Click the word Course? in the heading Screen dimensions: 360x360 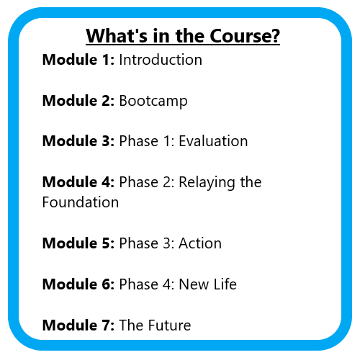245,36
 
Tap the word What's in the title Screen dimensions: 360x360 117,36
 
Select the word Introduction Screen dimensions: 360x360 161,60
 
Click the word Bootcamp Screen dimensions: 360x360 153,101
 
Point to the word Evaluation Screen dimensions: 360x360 213,141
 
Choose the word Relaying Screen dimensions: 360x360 207,183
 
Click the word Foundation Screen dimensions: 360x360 81,202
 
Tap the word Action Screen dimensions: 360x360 200,243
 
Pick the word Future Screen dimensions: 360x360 169,325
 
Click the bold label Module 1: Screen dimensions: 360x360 78,60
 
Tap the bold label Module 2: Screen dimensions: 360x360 78,101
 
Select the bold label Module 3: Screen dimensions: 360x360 78,141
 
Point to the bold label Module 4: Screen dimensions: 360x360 78,182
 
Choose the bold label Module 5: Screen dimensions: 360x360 78,243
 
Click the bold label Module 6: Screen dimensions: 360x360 78,284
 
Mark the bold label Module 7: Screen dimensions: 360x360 78,325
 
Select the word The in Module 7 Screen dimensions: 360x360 132,325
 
